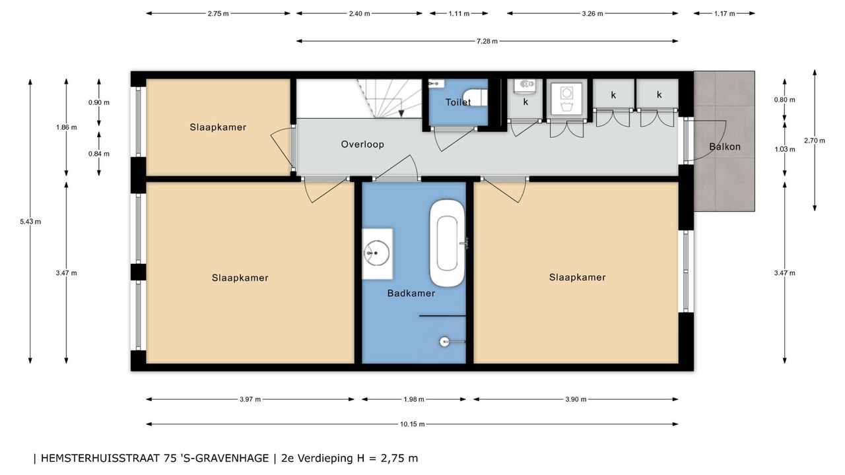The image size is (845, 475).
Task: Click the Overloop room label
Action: (x=362, y=144)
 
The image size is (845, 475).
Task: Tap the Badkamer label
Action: (x=411, y=294)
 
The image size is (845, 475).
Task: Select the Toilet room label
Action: (x=458, y=102)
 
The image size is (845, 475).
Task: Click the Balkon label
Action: (x=725, y=146)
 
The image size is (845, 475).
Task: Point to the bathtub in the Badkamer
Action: (x=447, y=243)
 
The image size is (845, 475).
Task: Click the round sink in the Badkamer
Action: (x=376, y=253)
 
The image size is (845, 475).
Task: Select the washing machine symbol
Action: (x=566, y=99)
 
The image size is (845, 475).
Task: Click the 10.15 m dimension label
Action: (x=413, y=424)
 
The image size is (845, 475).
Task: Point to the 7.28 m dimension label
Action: (x=487, y=41)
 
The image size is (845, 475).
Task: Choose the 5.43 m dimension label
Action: (x=30, y=222)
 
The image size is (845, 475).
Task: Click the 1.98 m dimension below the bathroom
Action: (x=414, y=399)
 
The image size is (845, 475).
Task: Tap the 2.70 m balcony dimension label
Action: (x=815, y=141)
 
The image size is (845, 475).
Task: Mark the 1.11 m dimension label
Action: (x=459, y=14)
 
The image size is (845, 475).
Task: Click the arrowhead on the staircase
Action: (x=401, y=113)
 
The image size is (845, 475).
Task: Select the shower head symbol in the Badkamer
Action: (x=444, y=342)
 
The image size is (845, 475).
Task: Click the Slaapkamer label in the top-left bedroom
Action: (x=218, y=127)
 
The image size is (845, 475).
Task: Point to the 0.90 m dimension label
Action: (x=99, y=102)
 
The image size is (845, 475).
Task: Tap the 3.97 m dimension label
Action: (x=250, y=399)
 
